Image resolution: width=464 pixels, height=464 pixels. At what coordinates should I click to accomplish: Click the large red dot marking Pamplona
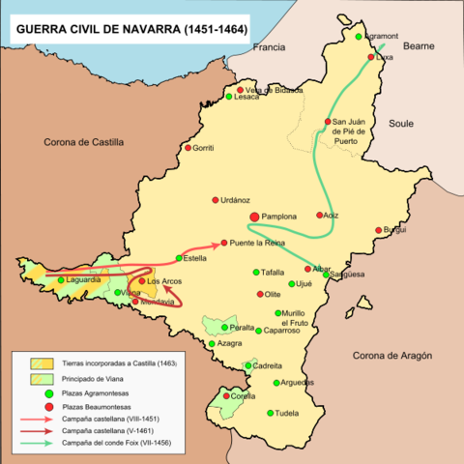253,217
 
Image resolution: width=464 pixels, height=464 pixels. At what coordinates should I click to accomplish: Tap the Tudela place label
287,414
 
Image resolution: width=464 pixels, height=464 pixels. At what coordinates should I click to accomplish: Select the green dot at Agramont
359,37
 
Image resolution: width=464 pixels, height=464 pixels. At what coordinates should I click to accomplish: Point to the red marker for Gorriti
188,148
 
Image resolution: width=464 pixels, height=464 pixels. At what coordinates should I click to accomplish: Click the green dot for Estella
178,258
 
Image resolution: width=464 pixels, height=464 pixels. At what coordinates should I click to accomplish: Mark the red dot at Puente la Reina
224,243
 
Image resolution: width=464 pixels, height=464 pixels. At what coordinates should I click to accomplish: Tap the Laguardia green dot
61,280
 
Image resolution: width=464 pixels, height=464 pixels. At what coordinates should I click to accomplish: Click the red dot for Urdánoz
215,200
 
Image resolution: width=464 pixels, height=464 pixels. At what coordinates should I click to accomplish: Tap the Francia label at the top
272,46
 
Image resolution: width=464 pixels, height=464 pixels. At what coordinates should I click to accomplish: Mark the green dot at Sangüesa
326,275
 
